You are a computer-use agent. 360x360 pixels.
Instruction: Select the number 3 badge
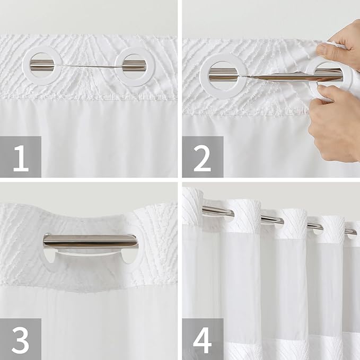[21, 339]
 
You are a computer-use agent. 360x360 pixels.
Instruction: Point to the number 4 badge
[202, 339]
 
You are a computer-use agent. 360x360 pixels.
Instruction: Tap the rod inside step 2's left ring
[223, 77]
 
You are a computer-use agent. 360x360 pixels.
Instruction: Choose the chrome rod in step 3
[90, 241]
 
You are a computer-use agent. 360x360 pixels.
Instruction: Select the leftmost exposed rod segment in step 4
[217, 211]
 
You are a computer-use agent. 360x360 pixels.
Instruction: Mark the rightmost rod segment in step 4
[350, 231]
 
